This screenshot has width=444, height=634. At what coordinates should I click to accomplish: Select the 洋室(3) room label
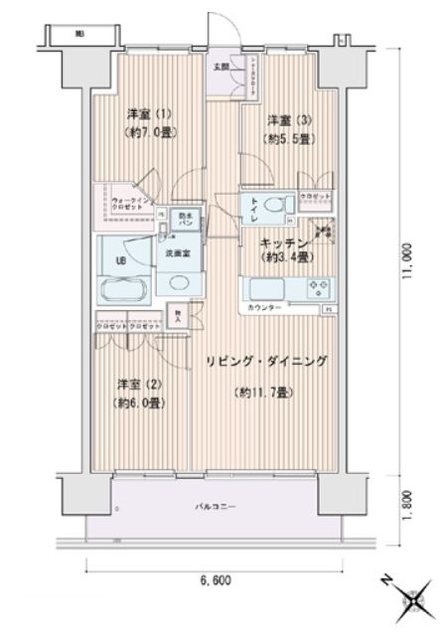(283, 122)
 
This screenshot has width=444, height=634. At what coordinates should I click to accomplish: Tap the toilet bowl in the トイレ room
(285, 206)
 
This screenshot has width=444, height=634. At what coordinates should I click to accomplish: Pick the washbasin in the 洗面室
(179, 284)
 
